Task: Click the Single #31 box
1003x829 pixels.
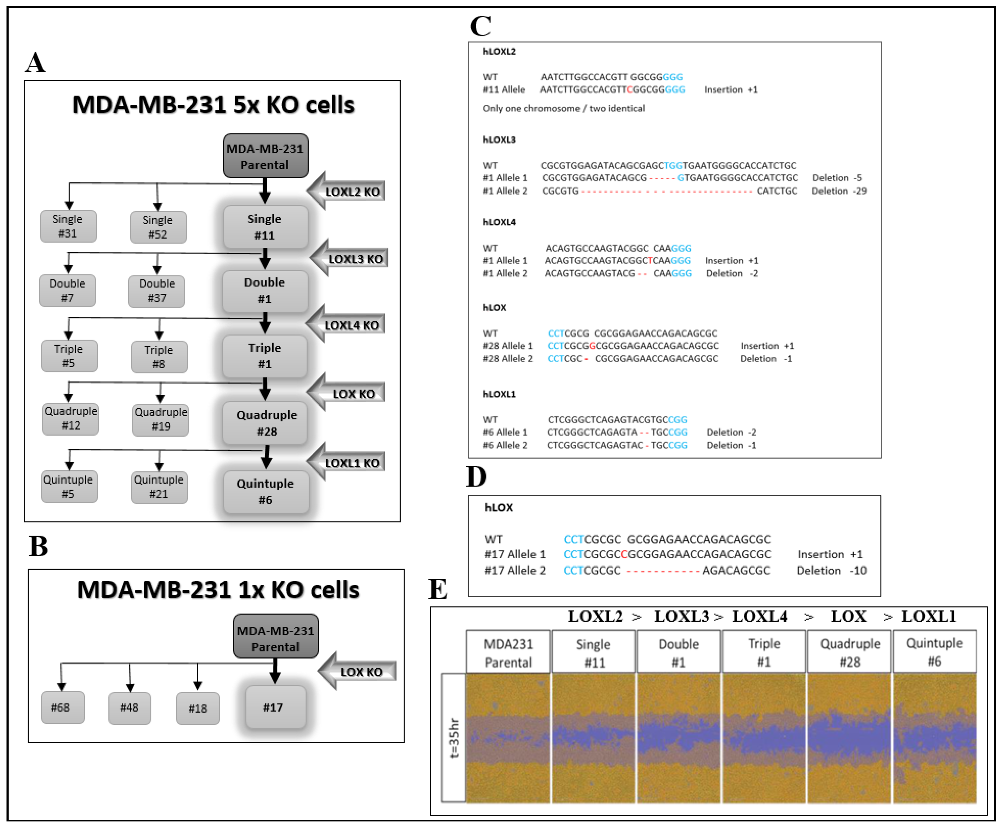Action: click(x=68, y=226)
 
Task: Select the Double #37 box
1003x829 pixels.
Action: click(x=157, y=291)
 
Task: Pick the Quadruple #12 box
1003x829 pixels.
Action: click(x=71, y=418)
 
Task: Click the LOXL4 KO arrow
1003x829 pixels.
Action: click(x=347, y=325)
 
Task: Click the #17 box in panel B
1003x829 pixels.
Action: click(x=274, y=707)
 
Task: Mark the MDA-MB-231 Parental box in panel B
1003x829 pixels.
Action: click(x=276, y=639)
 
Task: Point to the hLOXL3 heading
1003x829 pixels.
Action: click(x=499, y=140)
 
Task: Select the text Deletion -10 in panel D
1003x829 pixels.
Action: click(x=831, y=570)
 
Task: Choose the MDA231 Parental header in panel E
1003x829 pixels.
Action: click(x=508, y=653)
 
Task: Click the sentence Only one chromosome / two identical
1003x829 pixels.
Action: click(x=564, y=108)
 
